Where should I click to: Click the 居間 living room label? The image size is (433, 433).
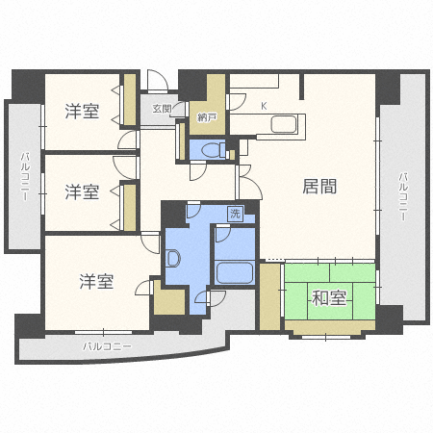coord(319,187)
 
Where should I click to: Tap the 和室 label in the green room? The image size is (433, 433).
coord(329,298)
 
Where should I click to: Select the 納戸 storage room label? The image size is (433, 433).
coord(207,117)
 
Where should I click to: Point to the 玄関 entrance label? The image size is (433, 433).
coord(162,109)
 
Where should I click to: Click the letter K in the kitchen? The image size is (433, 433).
coord(264,106)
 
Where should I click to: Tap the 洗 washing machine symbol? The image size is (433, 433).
coord(235,214)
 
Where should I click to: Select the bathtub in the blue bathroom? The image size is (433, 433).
coord(234,272)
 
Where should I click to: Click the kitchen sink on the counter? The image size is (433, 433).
coord(284,124)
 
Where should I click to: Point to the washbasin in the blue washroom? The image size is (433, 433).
coord(173,258)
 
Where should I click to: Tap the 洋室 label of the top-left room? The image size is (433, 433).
coord(82,111)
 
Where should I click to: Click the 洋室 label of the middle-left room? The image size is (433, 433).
coord(82,191)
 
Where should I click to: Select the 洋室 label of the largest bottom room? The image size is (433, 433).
coord(96,281)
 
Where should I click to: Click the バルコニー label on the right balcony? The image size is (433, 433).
coord(403,196)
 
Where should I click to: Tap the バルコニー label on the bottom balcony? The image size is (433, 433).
coord(108,346)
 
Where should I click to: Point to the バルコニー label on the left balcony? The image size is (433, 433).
coord(25,177)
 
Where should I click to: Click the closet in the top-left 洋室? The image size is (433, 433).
coord(130,100)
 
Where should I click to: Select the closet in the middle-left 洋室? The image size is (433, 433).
coord(130,208)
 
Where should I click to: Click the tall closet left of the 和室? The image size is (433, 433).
coord(269,296)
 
